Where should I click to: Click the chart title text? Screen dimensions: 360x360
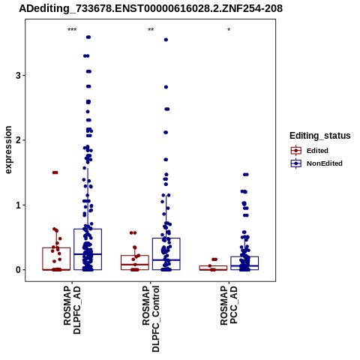pyautogui.click(x=151, y=8)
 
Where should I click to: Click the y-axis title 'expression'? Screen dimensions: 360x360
pyautogui.click(x=8, y=150)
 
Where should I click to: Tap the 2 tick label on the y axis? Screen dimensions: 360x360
pyautogui.click(x=18, y=140)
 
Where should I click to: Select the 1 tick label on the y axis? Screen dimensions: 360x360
pyautogui.click(x=18, y=205)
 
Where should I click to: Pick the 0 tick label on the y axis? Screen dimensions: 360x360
pyautogui.click(x=18, y=270)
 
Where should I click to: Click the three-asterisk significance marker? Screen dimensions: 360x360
pyautogui.click(x=72, y=30)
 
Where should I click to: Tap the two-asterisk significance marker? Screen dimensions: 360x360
pyautogui.click(x=151, y=30)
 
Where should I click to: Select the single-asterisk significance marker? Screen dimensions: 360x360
pyautogui.click(x=229, y=30)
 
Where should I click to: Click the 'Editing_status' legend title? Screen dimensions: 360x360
pyautogui.click(x=320, y=136)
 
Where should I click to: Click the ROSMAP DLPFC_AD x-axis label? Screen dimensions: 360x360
pyautogui.click(x=72, y=310)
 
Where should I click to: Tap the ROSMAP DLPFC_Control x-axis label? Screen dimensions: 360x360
pyautogui.click(x=151, y=319)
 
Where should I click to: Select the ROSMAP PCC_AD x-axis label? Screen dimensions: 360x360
pyautogui.click(x=229, y=305)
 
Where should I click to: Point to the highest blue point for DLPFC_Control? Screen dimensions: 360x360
pyautogui.click(x=166, y=40)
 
